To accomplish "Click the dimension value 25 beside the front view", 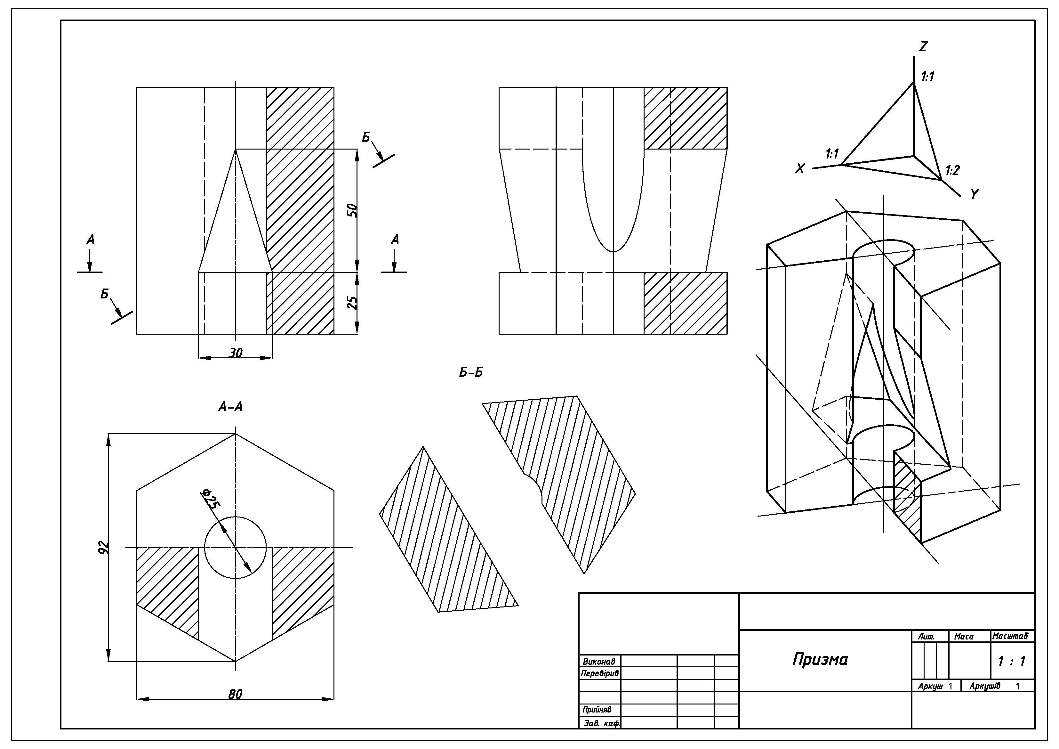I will [x=352, y=302].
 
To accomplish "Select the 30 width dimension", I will [x=235, y=353].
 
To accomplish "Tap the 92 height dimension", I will [x=104, y=547].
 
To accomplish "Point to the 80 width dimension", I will [x=235, y=694].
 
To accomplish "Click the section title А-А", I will [x=230, y=407].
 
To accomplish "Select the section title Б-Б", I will [x=470, y=372].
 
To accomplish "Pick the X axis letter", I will [x=800, y=168].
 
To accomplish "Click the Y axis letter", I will [x=974, y=194].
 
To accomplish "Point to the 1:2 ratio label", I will [x=952, y=170].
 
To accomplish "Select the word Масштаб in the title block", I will [x=1010, y=636].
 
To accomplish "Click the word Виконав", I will [x=599, y=661].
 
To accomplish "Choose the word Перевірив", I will [x=600, y=673].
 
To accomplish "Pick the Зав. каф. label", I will [x=601, y=723].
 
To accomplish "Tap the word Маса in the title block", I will [x=964, y=636].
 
